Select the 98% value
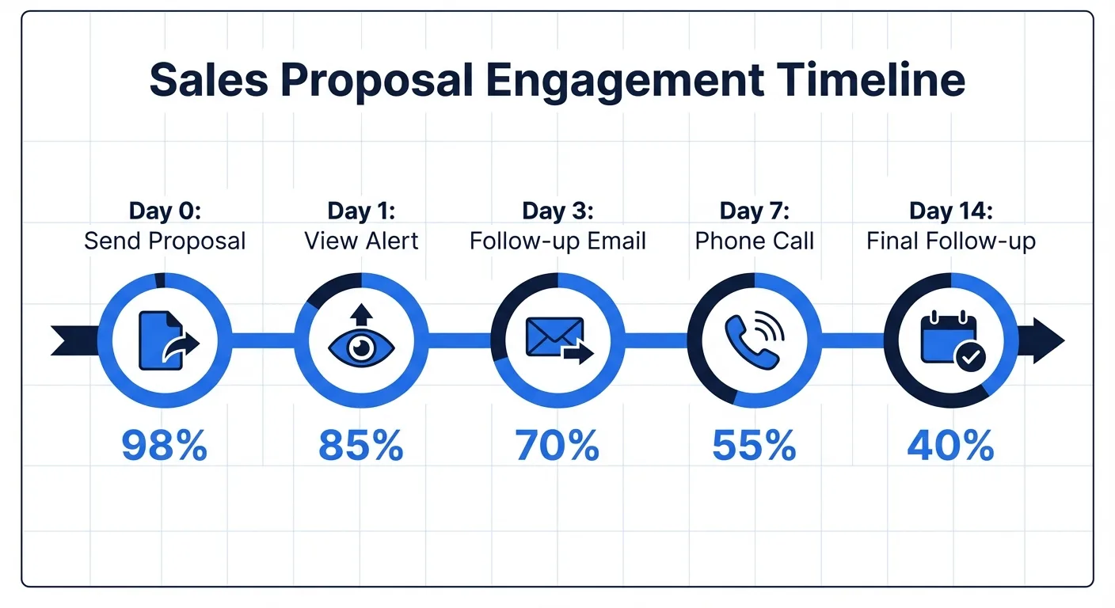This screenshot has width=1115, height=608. [x=165, y=446]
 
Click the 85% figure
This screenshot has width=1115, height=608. [x=361, y=446]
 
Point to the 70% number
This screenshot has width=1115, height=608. [x=557, y=446]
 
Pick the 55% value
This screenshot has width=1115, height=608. [x=754, y=446]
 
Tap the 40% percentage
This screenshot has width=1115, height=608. [x=950, y=446]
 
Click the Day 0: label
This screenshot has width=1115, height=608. [x=165, y=211]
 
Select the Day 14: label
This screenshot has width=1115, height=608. [x=950, y=211]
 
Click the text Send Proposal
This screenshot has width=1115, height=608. [x=165, y=241]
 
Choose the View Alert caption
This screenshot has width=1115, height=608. [x=361, y=241]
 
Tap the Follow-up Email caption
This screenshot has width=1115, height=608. [x=557, y=241]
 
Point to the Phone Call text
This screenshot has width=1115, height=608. [x=754, y=241]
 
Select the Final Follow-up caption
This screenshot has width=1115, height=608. [x=950, y=241]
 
